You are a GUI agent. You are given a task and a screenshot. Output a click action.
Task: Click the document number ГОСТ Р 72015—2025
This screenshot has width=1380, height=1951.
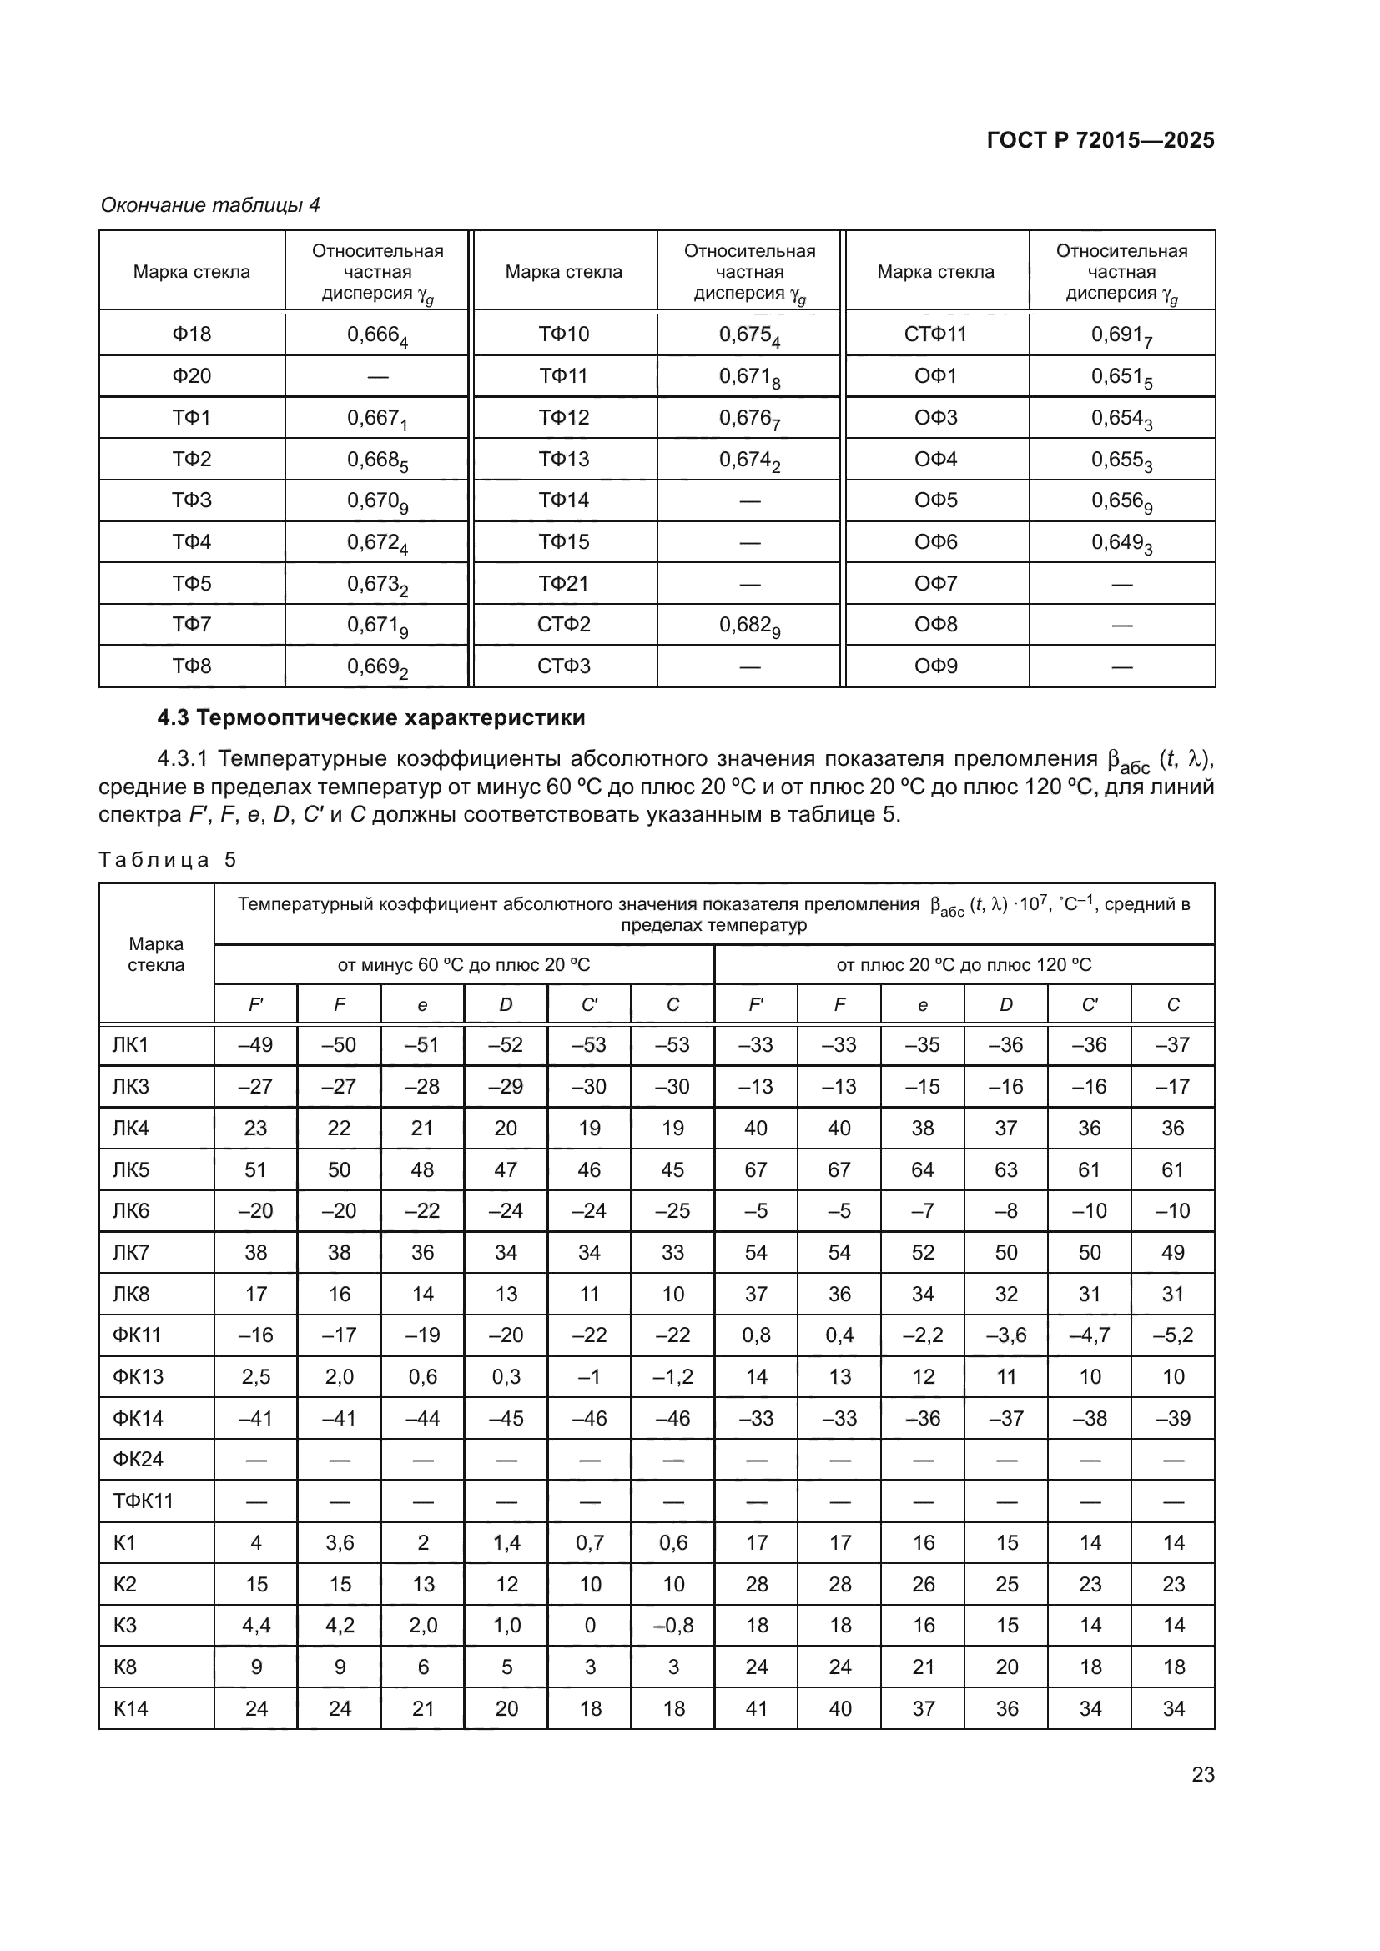(x=1100, y=140)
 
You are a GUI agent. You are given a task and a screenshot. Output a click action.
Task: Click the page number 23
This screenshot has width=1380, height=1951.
(x=1202, y=1775)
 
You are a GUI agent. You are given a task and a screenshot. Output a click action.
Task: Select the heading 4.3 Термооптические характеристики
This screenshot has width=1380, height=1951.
(x=371, y=718)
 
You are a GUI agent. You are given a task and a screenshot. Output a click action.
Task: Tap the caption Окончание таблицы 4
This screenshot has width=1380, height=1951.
(x=210, y=205)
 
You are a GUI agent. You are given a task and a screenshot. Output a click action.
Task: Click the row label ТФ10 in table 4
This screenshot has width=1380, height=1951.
(x=563, y=334)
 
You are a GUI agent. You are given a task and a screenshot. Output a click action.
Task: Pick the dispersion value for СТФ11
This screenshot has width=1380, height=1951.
(x=1121, y=335)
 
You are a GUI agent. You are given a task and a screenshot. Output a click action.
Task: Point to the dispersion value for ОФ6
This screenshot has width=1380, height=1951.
(x=1121, y=543)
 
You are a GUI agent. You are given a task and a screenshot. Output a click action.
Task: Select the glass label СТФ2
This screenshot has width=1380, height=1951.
(x=563, y=625)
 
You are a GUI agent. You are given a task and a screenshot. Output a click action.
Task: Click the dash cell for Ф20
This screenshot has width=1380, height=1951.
(x=377, y=376)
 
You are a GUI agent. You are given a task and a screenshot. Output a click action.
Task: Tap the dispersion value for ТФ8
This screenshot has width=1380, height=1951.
(x=377, y=668)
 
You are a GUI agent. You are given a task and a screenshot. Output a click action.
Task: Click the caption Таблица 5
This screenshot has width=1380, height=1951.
(x=167, y=860)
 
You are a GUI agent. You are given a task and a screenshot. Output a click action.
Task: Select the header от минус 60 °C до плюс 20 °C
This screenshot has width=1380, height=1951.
(x=463, y=965)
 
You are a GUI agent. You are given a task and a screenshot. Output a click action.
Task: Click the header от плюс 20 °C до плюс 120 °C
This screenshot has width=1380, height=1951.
(x=964, y=965)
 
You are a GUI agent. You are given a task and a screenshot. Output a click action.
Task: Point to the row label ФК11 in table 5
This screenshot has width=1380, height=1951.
(x=137, y=1335)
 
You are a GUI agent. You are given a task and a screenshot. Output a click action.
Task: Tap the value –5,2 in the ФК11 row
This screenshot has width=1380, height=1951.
(x=1172, y=1335)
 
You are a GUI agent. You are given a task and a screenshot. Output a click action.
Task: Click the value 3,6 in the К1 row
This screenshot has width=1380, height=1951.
(x=339, y=1543)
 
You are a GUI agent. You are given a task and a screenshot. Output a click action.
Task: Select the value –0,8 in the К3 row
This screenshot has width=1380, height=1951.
(x=673, y=1626)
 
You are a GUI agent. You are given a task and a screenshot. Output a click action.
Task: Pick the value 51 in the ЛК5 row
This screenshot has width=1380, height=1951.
(x=256, y=1170)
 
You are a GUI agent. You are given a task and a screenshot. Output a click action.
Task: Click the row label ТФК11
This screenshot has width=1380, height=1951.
(x=143, y=1501)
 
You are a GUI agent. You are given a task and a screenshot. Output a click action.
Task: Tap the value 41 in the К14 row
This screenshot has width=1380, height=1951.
(x=756, y=1709)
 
